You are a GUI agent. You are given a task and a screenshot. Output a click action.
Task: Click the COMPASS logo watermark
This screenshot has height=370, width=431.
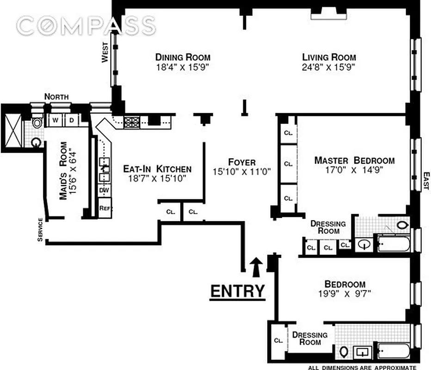pos(86,25)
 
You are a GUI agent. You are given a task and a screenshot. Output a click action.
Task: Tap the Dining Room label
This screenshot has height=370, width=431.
pos(183,57)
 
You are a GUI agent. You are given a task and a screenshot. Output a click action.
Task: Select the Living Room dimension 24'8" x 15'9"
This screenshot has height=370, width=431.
pos(329,67)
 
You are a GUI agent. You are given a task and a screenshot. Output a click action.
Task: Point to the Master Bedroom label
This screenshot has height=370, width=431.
pos(354,160)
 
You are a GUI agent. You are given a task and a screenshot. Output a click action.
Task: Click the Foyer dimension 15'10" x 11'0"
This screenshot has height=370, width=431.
pos(241,171)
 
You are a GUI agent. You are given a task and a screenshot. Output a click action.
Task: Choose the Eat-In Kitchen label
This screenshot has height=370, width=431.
pos(157,169)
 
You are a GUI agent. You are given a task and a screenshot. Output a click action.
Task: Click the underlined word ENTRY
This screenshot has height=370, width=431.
pos(238,291)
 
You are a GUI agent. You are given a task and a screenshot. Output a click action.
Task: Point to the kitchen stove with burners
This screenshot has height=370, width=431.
pos(132,122)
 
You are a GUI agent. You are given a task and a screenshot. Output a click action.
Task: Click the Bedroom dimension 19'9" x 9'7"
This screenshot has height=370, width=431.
pos(345,293)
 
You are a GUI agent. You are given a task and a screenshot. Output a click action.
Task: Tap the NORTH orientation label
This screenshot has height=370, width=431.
pos(56,97)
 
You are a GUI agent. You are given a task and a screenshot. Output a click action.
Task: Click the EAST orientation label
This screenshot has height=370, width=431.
pos(426,180)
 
